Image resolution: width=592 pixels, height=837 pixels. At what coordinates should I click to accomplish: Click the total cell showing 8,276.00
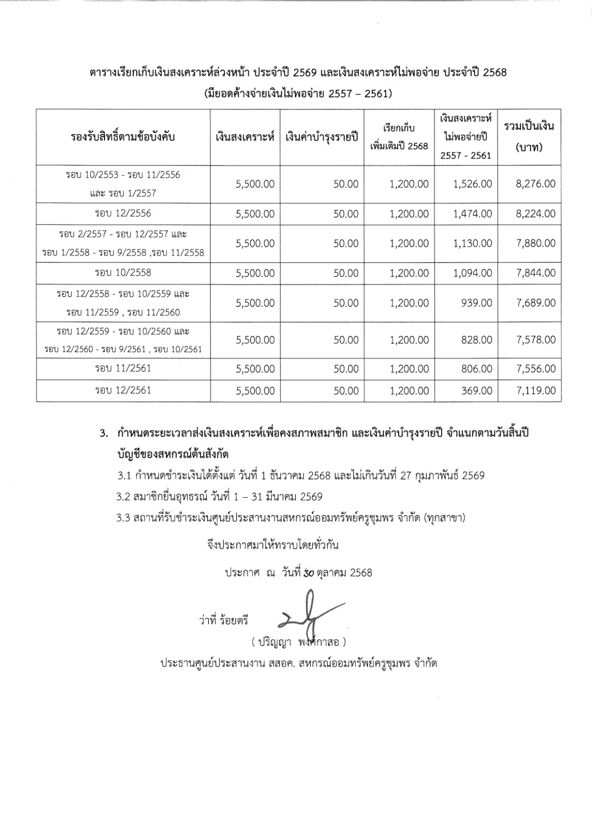pyautogui.click(x=536, y=184)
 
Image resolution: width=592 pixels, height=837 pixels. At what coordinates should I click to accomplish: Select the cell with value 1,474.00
pyautogui.click(x=473, y=214)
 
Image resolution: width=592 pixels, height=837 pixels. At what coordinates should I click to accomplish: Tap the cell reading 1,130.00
pyautogui.click(x=473, y=243)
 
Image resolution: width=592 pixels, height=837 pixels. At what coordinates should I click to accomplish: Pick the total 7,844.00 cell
pyautogui.click(x=536, y=273)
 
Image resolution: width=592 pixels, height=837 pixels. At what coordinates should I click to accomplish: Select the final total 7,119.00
pyautogui.click(x=536, y=391)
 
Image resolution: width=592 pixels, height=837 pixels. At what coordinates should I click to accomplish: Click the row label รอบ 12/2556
pyautogui.click(x=123, y=214)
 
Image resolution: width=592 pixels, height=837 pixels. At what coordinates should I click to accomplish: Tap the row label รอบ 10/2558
pyautogui.click(x=123, y=273)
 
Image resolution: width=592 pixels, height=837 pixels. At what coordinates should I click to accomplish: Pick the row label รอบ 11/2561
pyautogui.click(x=123, y=368)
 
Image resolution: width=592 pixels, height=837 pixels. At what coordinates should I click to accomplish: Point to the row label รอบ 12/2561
pyautogui.click(x=123, y=391)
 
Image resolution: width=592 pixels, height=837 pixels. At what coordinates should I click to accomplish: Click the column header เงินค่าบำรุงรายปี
pyautogui.click(x=322, y=137)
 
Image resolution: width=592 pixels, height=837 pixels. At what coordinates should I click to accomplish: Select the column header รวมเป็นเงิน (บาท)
pyautogui.click(x=529, y=137)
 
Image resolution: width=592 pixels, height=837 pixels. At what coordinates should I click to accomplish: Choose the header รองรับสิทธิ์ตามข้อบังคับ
pyautogui.click(x=123, y=137)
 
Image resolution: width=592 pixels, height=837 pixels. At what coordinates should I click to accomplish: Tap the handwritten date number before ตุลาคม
pyautogui.click(x=309, y=573)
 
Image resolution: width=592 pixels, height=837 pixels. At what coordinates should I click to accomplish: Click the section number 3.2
pyautogui.click(x=123, y=497)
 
